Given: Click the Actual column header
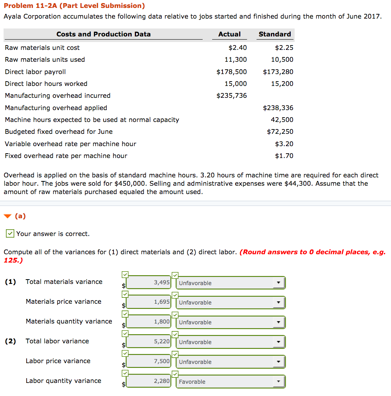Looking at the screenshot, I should tap(229, 34).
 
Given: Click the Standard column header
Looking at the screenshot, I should tap(274, 34).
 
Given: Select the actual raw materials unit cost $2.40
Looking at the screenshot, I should tap(238, 48).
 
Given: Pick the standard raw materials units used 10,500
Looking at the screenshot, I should tap(282, 59).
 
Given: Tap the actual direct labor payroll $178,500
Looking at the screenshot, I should tap(232, 72).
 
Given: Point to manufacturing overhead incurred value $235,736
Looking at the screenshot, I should tap(232, 95).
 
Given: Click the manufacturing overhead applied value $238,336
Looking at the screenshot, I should tap(278, 108).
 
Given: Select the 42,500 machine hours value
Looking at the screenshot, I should tap(282, 120).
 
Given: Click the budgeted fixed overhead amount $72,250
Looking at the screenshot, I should tap(280, 131).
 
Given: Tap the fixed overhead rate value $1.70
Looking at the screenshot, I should tap(284, 156).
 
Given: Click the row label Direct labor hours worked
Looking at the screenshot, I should tap(46, 84).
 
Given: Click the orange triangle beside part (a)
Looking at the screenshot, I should tap(7, 216).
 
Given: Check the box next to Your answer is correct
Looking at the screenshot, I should tap(10, 234).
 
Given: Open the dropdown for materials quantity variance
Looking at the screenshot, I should tap(230, 322).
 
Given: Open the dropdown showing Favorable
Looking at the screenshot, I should tap(230, 382).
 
